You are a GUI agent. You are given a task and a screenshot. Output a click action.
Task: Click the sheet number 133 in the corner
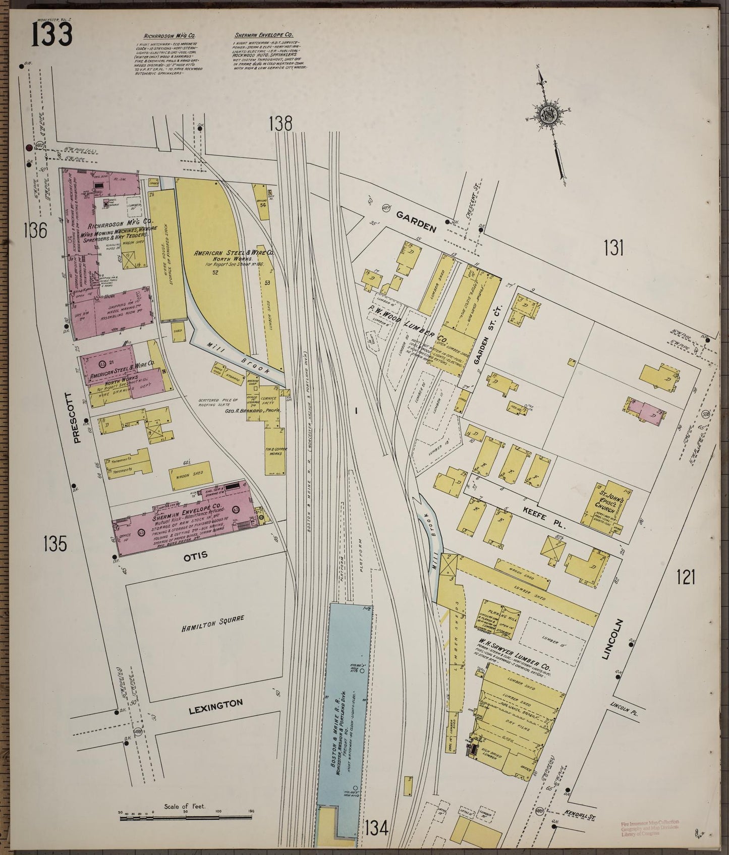52,35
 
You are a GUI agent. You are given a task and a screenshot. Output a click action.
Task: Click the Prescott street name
77,418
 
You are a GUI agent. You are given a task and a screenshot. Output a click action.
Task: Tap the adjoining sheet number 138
281,123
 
